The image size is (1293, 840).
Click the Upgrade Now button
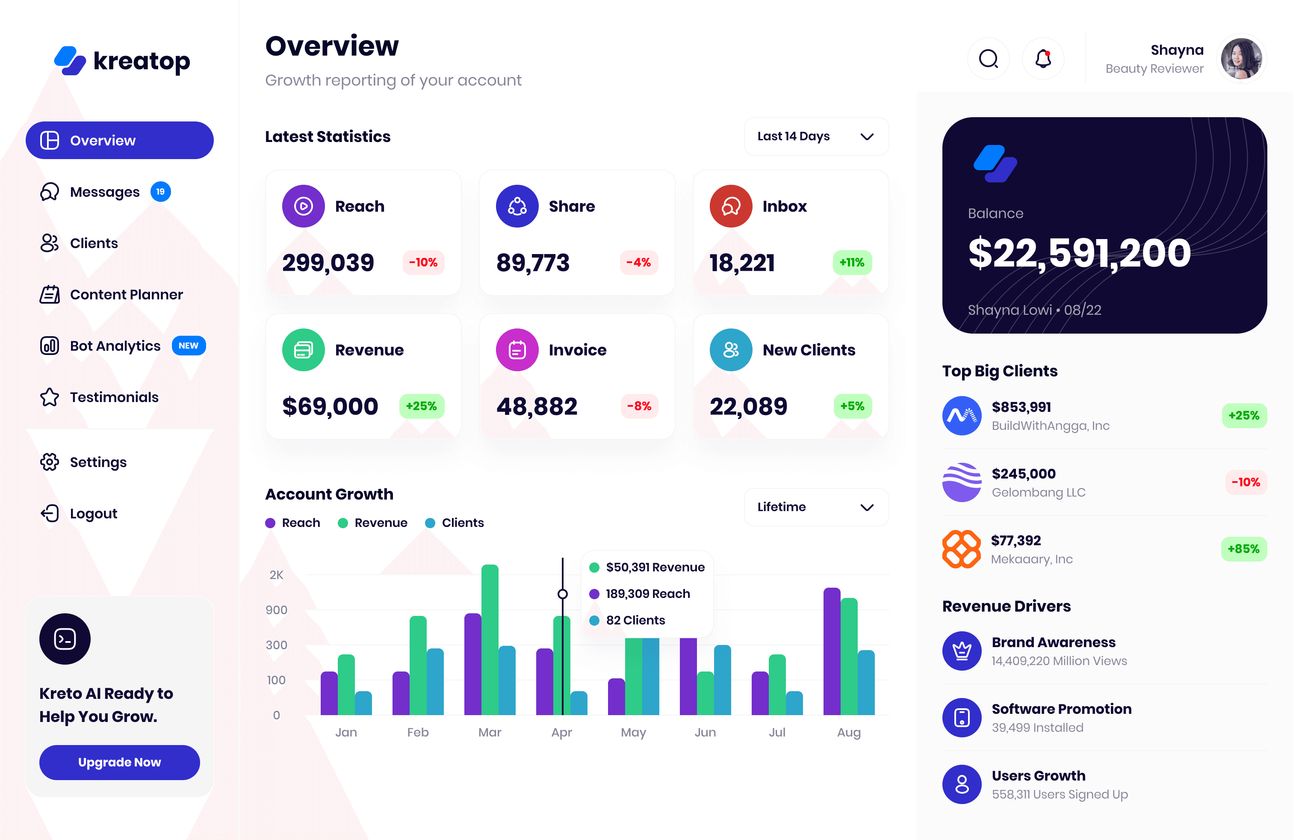coord(120,762)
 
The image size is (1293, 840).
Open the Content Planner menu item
coord(126,295)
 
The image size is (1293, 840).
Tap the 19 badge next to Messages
coord(160,192)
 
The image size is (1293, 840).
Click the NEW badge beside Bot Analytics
coord(189,346)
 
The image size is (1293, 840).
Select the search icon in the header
coord(988,59)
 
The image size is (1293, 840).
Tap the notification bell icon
coord(1042,59)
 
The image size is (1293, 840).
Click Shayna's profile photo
coord(1241,59)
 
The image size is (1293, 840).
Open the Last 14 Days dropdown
coord(816,136)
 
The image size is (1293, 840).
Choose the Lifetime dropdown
coord(816,507)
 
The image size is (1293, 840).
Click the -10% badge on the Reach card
coord(423,263)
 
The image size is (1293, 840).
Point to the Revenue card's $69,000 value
coord(330,406)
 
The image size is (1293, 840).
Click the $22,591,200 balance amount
coord(1079,253)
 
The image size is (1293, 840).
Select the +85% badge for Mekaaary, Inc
coord(1243,549)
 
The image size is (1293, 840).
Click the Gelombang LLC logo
coord(962,482)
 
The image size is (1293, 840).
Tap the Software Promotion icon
coord(962,718)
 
